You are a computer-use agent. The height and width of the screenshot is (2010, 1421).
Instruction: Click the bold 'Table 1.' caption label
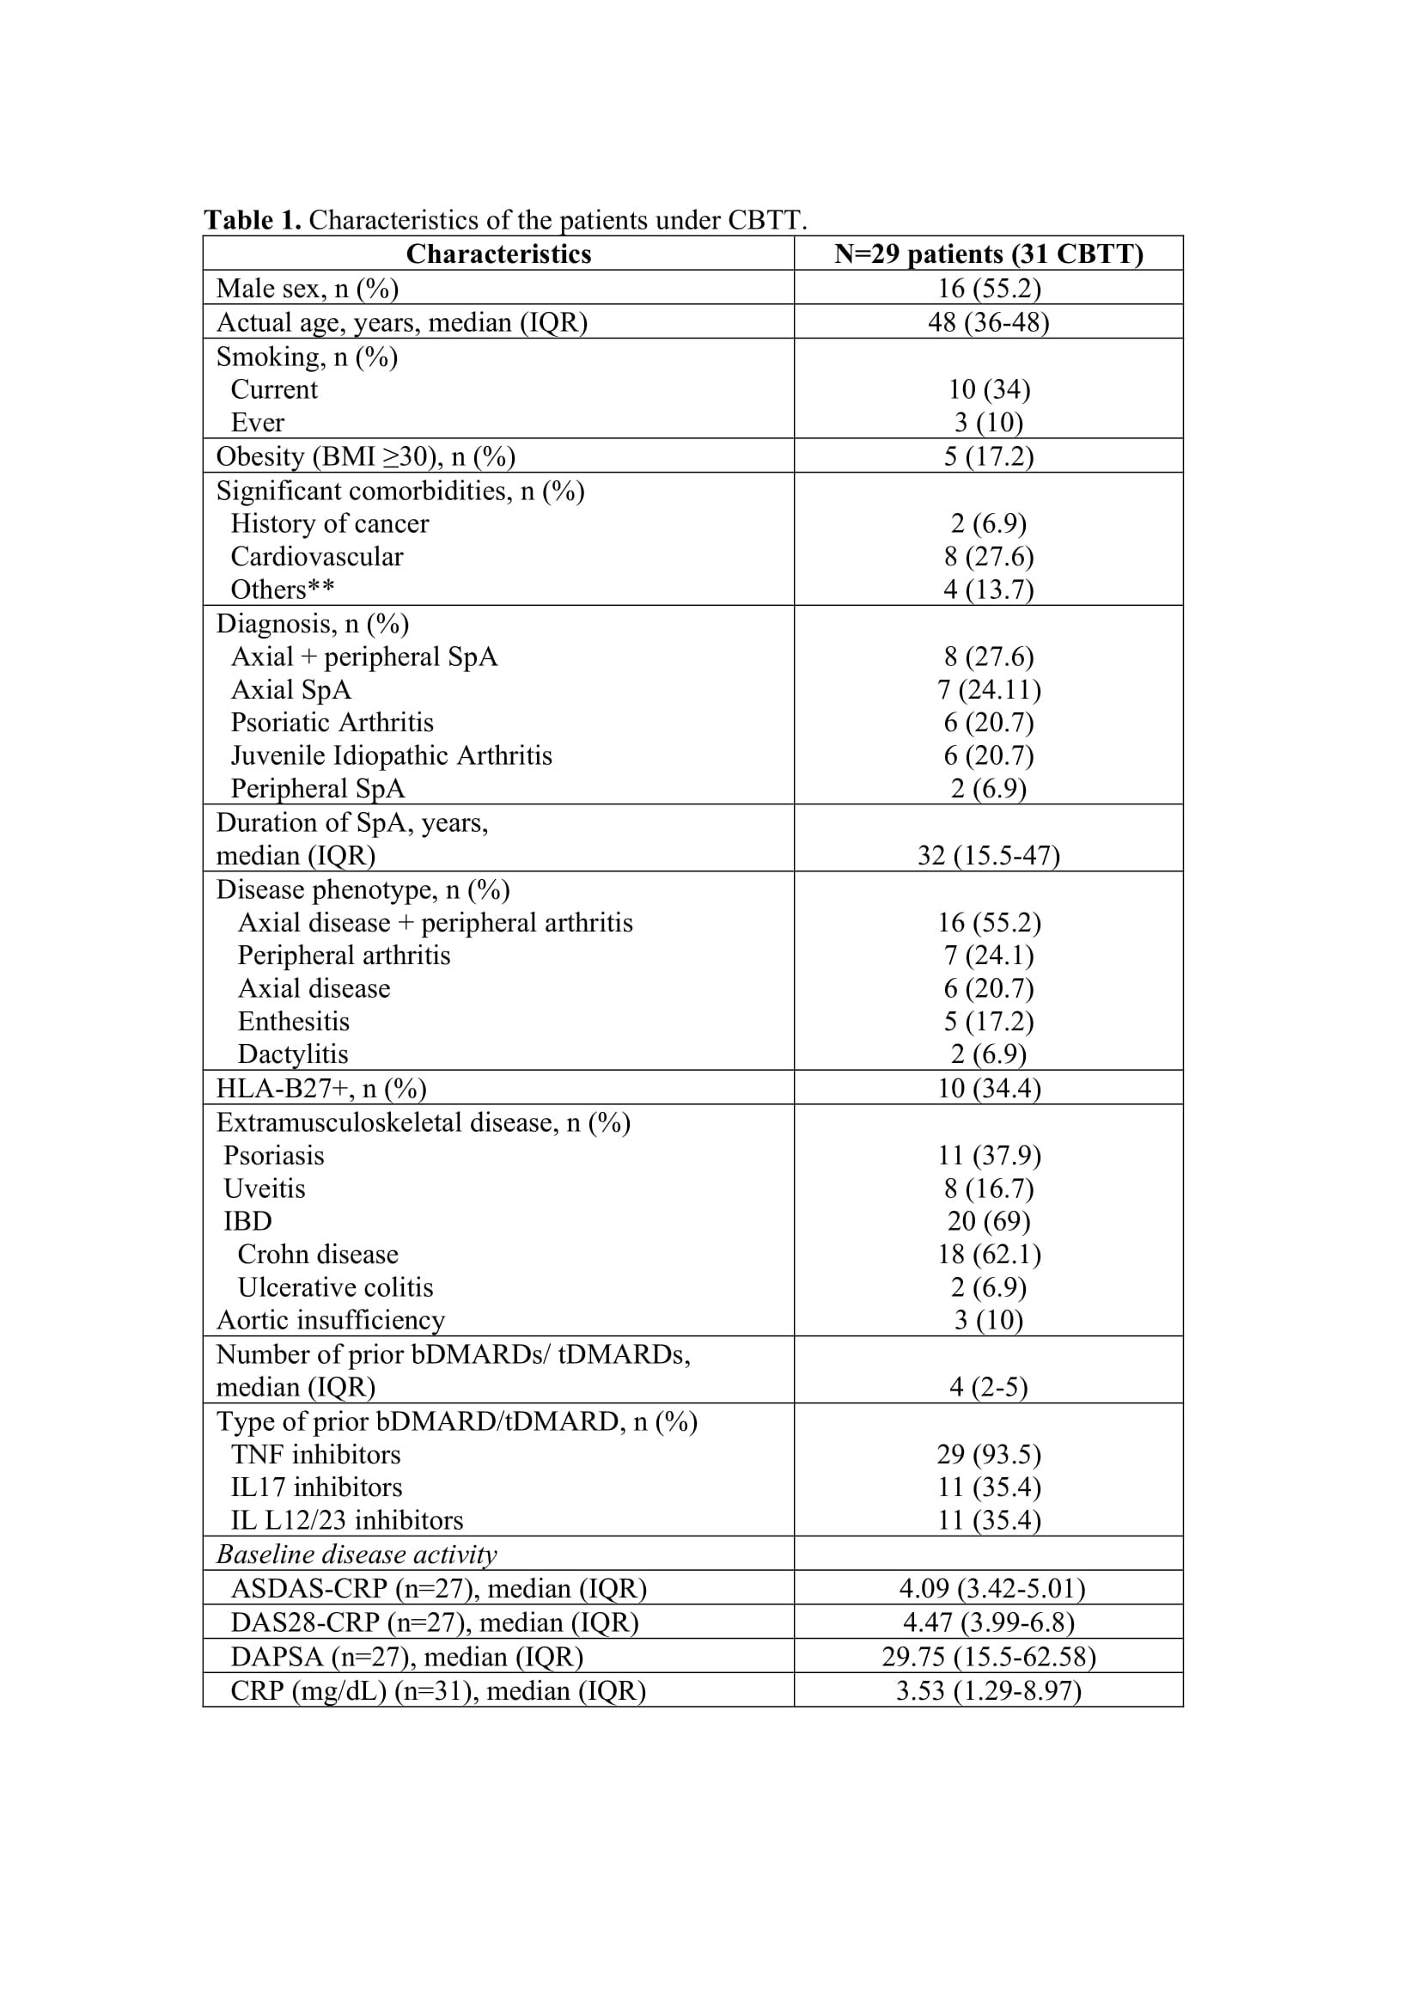[x=252, y=220]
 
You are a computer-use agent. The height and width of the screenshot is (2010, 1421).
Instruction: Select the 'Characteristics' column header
[x=498, y=254]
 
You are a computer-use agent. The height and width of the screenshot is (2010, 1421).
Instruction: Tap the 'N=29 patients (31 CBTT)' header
[x=988, y=254]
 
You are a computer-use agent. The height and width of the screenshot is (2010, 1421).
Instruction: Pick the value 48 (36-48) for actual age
[x=988, y=322]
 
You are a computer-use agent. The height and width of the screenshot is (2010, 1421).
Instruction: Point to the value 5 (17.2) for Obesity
[x=988, y=456]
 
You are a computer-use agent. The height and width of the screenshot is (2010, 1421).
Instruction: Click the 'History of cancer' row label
[x=329, y=523]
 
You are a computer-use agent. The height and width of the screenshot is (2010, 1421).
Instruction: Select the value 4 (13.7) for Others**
[x=988, y=590]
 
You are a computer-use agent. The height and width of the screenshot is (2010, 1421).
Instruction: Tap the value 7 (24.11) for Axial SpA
[x=988, y=690]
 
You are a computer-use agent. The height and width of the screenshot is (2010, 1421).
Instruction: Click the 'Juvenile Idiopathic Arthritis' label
[x=391, y=755]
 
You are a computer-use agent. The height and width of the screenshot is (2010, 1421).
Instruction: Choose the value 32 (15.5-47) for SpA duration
[x=988, y=854]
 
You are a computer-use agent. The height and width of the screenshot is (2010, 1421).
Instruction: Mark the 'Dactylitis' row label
[x=292, y=1054]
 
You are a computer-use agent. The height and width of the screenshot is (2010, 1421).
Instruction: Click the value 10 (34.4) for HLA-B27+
[x=988, y=1088]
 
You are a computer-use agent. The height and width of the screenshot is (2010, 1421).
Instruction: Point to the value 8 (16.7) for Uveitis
[x=988, y=1188]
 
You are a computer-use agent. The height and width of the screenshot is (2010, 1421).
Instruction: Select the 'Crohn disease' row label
[x=318, y=1255]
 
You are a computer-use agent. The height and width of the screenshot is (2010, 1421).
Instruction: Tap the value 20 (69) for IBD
[x=988, y=1221]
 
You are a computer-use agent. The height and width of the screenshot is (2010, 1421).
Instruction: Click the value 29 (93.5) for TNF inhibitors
[x=988, y=1454]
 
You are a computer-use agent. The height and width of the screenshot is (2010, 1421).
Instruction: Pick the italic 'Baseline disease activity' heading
[x=357, y=1554]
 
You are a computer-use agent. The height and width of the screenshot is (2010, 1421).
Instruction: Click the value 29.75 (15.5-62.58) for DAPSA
[x=988, y=1656]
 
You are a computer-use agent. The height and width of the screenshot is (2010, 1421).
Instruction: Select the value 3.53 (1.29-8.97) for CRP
[x=988, y=1690]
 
